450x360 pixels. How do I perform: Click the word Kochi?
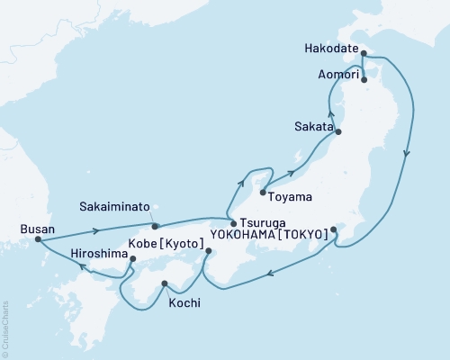click(x=184, y=302)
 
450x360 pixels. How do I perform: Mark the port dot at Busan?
click(x=38, y=239)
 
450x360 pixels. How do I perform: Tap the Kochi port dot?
click(x=164, y=285)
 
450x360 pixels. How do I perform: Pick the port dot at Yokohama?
click(x=334, y=229)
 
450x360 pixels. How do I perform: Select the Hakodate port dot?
click(x=363, y=54)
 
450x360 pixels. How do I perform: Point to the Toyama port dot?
click(x=262, y=193)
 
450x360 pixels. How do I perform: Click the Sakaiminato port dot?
click(x=155, y=226)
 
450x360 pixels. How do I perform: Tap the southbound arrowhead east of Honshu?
click(x=408, y=154)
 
